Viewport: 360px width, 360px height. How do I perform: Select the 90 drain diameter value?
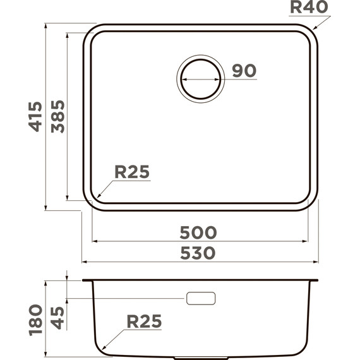pos(244,71)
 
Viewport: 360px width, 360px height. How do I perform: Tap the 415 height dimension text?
pos(35,116)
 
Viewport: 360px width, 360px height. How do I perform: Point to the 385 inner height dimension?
pos(58,116)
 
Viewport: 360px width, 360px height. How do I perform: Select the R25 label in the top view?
pos(131,172)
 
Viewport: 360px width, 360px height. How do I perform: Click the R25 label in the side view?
pos(144,321)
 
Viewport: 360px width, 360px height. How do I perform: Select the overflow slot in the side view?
pos(201,298)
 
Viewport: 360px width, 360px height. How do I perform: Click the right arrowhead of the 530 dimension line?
pos(315,261)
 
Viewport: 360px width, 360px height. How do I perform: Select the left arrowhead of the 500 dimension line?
pos(95,241)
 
